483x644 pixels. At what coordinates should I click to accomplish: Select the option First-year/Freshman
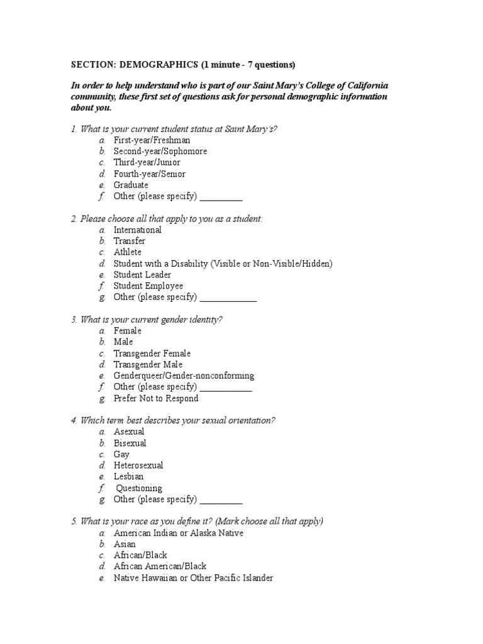(x=152, y=140)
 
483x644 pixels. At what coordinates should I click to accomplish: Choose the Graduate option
(x=131, y=185)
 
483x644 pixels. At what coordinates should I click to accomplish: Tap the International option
(x=137, y=230)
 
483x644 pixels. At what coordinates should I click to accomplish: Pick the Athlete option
(x=128, y=252)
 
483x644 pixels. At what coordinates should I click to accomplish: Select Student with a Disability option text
(x=223, y=264)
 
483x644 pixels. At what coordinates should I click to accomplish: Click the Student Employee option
(x=148, y=286)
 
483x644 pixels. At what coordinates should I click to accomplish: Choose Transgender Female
(x=152, y=353)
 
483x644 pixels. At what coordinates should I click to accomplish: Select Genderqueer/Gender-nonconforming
(x=184, y=376)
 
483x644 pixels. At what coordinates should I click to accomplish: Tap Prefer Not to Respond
(x=156, y=398)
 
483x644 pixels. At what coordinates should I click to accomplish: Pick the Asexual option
(x=129, y=432)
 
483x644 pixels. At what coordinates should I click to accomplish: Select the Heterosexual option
(x=138, y=465)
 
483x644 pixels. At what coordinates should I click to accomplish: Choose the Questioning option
(x=139, y=488)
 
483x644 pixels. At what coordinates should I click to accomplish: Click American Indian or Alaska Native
(x=179, y=533)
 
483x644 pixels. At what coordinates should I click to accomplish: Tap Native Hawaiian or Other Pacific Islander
(x=193, y=578)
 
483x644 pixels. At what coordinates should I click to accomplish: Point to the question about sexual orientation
(x=174, y=420)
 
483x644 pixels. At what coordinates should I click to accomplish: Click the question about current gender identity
(x=147, y=319)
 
